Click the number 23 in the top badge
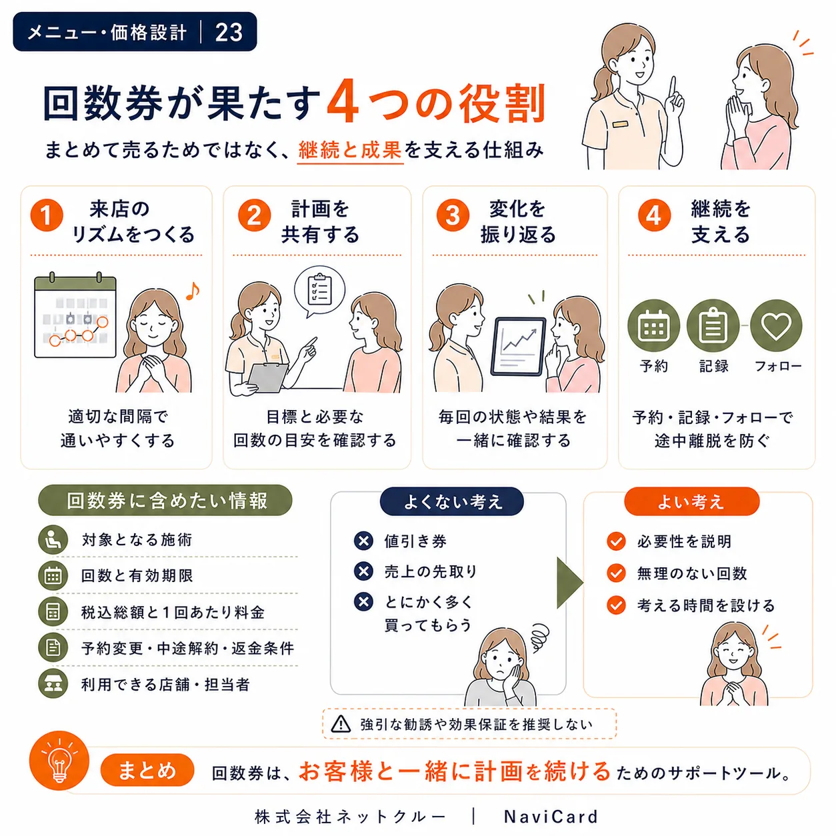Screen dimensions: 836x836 tap(229, 32)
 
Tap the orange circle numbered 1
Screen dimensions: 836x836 tap(47, 215)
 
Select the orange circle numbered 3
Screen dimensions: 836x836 tap(453, 215)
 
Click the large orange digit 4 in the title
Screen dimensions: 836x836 tap(343, 101)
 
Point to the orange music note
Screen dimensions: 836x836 tap(193, 291)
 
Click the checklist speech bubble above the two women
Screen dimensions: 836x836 tap(320, 291)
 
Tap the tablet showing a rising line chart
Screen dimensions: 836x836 tap(518, 347)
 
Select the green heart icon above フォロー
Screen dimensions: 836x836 tap(776, 325)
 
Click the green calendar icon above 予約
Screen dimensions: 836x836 tap(653, 325)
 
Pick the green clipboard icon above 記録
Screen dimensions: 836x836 tap(713, 325)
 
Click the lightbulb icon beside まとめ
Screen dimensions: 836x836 tap(59, 761)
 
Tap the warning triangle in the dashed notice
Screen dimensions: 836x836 tap(341, 724)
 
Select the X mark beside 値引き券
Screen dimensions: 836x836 tap(363, 541)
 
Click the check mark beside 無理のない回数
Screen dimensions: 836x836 tap(616, 573)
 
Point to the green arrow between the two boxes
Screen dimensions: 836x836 tap(569, 583)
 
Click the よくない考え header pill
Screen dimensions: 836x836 tap(451, 501)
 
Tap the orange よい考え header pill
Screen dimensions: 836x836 tap(691, 501)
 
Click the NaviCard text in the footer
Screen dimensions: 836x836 tap(551, 817)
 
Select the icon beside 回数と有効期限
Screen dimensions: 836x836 tap(53, 576)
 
